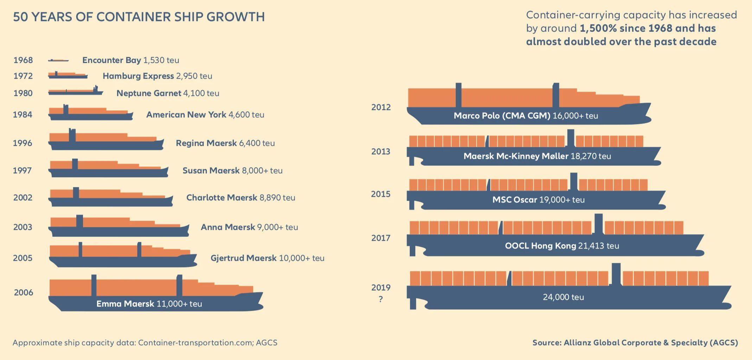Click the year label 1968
tap(23, 60)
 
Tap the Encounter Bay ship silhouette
tap(58, 60)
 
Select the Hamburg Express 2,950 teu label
tap(157, 76)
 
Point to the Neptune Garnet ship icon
tap(75, 92)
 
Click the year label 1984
tap(23, 115)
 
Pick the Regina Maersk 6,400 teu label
tap(225, 143)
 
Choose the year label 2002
tap(23, 198)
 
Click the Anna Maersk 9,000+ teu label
tap(249, 227)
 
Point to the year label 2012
tap(381, 107)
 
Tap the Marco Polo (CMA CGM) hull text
tap(525, 116)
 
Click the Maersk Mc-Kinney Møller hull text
tap(537, 156)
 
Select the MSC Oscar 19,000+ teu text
tap(538, 200)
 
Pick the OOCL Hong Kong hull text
tap(562, 246)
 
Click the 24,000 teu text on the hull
tap(563, 297)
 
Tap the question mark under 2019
tap(381, 300)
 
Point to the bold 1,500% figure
tap(598, 28)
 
